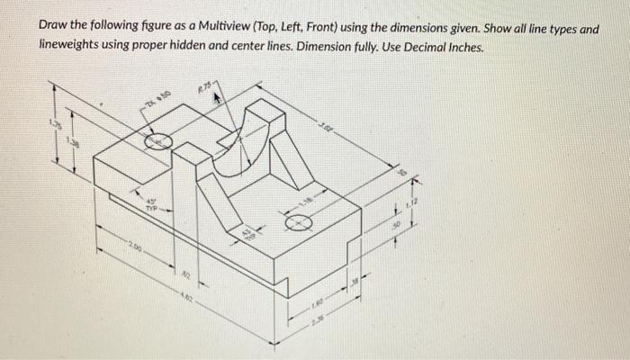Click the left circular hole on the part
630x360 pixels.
point(158,141)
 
